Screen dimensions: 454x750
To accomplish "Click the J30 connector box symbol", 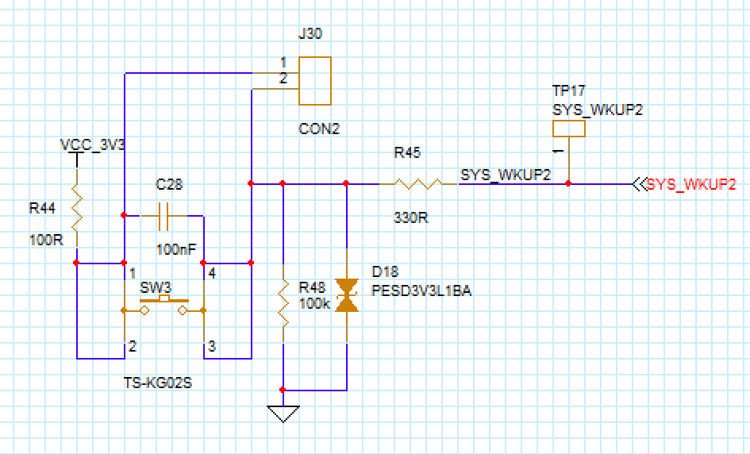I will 314,81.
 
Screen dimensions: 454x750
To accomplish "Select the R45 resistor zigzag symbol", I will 417,184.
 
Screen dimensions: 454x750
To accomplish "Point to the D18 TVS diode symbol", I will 346,294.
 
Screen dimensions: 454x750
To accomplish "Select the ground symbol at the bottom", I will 283,414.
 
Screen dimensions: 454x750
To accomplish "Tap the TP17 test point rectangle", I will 568,129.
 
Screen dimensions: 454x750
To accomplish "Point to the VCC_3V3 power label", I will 93,145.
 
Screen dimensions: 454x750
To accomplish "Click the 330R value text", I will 411,217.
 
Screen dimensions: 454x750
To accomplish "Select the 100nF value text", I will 176,249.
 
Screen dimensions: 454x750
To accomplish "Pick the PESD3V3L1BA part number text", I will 421,290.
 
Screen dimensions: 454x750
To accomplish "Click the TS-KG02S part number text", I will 159,383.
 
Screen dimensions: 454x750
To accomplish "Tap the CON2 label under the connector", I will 319,129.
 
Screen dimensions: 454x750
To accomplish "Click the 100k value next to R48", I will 314,303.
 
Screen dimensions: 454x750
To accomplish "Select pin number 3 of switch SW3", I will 211,346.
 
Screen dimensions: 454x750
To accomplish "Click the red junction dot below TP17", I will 568,184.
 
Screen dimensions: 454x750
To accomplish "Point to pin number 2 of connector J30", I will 283,78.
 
